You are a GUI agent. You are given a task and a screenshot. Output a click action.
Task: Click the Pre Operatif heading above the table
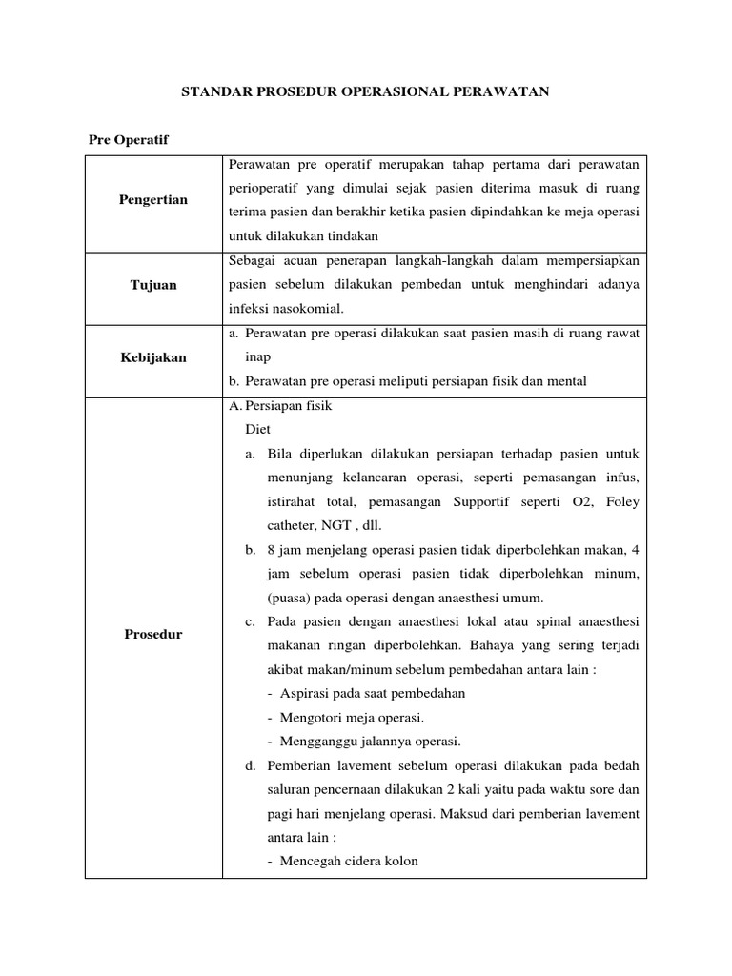129,140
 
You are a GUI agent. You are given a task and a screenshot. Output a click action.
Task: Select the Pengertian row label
153,200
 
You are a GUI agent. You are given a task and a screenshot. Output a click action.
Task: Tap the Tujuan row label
153,285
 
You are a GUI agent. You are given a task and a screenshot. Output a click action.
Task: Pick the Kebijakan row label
153,357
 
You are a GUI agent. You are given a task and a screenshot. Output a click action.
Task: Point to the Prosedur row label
153,634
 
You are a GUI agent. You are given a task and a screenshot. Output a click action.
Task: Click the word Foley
621,501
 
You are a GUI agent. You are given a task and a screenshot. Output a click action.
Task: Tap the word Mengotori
315,718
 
